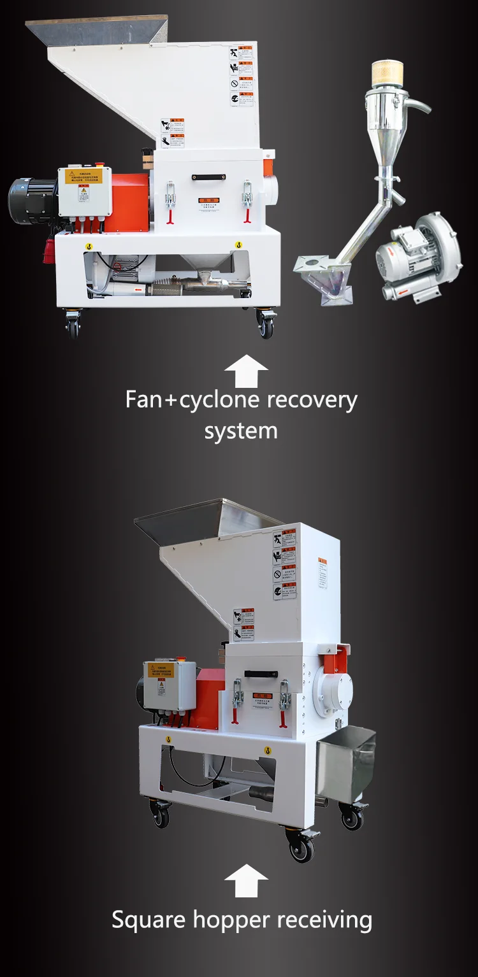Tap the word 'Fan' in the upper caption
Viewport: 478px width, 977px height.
point(141,399)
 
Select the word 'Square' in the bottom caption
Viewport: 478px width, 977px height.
point(147,920)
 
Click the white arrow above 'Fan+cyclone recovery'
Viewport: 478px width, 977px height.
point(246,371)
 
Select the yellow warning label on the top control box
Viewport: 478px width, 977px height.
point(83,176)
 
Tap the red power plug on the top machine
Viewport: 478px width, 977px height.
point(18,229)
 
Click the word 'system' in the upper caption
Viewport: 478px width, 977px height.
point(241,431)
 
